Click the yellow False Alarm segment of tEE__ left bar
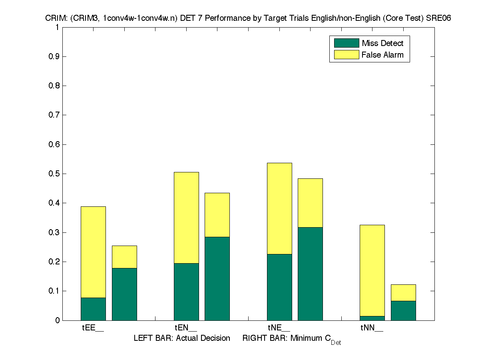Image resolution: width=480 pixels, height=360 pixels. [x=93, y=252]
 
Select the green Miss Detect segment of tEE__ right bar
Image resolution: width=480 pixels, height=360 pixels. [x=124, y=294]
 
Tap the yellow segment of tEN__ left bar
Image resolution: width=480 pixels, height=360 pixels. [x=186, y=218]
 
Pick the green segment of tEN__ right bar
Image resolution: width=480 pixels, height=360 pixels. [x=217, y=278]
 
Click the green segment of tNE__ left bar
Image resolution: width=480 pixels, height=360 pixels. [x=279, y=287]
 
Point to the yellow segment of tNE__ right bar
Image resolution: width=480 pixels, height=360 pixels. [x=310, y=203]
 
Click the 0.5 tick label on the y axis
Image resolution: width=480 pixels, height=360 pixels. [x=54, y=174]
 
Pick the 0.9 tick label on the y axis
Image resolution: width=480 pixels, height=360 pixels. [x=54, y=57]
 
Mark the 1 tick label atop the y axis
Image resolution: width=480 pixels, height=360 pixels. [x=58, y=28]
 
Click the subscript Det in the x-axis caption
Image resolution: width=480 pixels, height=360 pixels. [x=336, y=343]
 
